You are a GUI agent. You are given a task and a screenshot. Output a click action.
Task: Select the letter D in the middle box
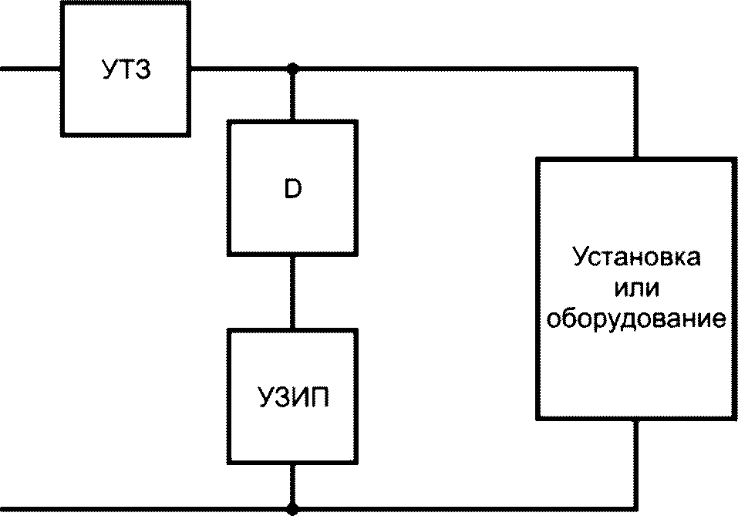click(293, 189)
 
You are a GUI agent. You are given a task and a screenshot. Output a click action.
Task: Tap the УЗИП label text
click(293, 397)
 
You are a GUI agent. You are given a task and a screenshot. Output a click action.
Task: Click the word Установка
click(636, 258)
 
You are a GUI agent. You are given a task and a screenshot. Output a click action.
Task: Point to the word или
click(636, 288)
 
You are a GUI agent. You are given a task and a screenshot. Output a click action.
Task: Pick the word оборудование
click(636, 319)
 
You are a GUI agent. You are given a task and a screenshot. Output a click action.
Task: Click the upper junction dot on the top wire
click(293, 69)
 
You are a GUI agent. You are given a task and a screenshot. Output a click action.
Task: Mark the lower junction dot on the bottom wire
click(293, 509)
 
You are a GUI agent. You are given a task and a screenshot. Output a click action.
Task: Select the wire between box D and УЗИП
click(293, 292)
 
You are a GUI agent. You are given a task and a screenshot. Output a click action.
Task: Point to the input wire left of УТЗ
click(31, 69)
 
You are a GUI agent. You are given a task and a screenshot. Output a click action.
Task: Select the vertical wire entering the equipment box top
click(636, 113)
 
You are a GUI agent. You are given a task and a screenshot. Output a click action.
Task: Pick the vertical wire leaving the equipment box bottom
click(636, 464)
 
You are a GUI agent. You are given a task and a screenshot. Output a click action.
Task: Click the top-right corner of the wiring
click(636, 69)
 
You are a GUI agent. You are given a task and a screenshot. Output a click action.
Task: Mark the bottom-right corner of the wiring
click(636, 509)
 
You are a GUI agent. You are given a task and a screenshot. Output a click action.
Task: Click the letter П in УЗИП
click(319, 397)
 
